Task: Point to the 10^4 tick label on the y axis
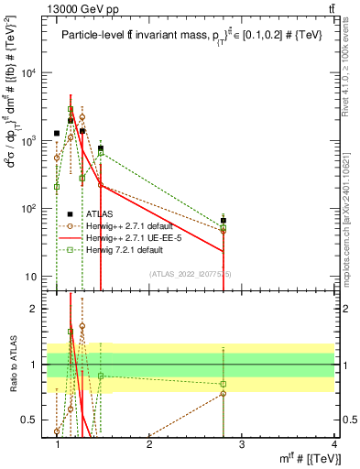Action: pyautogui.click(x=38, y=73)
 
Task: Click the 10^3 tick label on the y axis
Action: pyautogui.click(x=38, y=141)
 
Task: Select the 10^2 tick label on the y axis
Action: pyautogui.click(x=38, y=209)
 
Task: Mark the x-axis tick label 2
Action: pyautogui.click(x=149, y=444)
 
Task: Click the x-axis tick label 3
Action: pyautogui.click(x=242, y=444)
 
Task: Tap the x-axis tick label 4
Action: pyautogui.click(x=333, y=444)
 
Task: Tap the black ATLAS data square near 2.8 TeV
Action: pyautogui.click(x=224, y=221)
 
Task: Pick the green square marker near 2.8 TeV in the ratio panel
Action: pyautogui.click(x=224, y=384)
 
